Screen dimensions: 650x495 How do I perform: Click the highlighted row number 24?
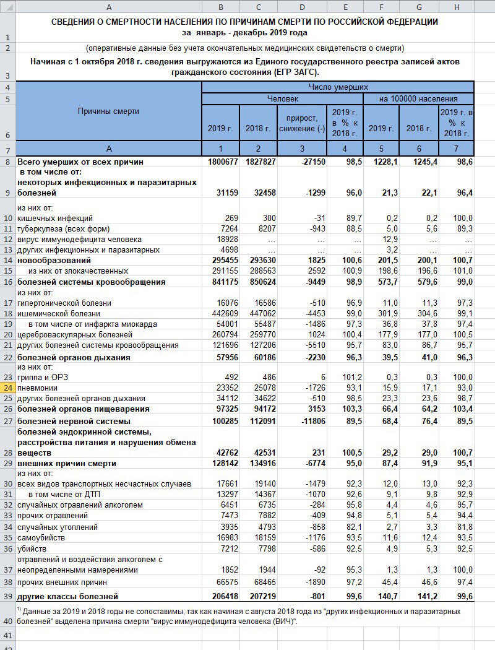7,388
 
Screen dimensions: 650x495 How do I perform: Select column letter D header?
301,7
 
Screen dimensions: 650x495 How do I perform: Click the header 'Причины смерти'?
108,111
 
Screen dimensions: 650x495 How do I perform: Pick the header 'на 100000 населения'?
418,98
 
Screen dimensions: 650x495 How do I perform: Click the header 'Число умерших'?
338,87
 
